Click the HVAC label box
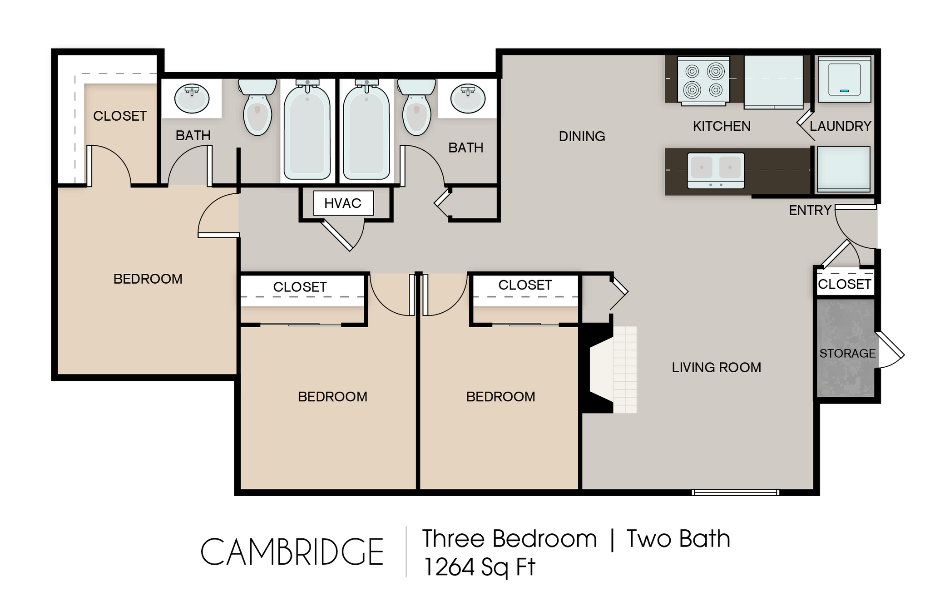pyautogui.click(x=343, y=203)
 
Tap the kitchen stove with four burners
pyautogui.click(x=703, y=80)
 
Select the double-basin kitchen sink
pyautogui.click(x=716, y=170)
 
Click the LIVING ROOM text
pyautogui.click(x=716, y=367)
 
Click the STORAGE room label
pyautogui.click(x=847, y=353)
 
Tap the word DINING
pyautogui.click(x=582, y=136)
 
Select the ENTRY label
pyautogui.click(x=810, y=210)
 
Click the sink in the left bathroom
pyautogui.click(x=192, y=98)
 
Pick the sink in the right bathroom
pyautogui.click(x=467, y=98)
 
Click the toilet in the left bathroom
pyautogui.click(x=257, y=108)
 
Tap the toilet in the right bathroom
pyautogui.click(x=416, y=108)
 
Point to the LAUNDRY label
pyautogui.click(x=840, y=126)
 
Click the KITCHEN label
pyautogui.click(x=722, y=126)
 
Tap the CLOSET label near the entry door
pyautogui.click(x=844, y=284)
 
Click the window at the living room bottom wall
pyautogui.click(x=735, y=492)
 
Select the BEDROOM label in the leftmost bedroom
pyautogui.click(x=148, y=279)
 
